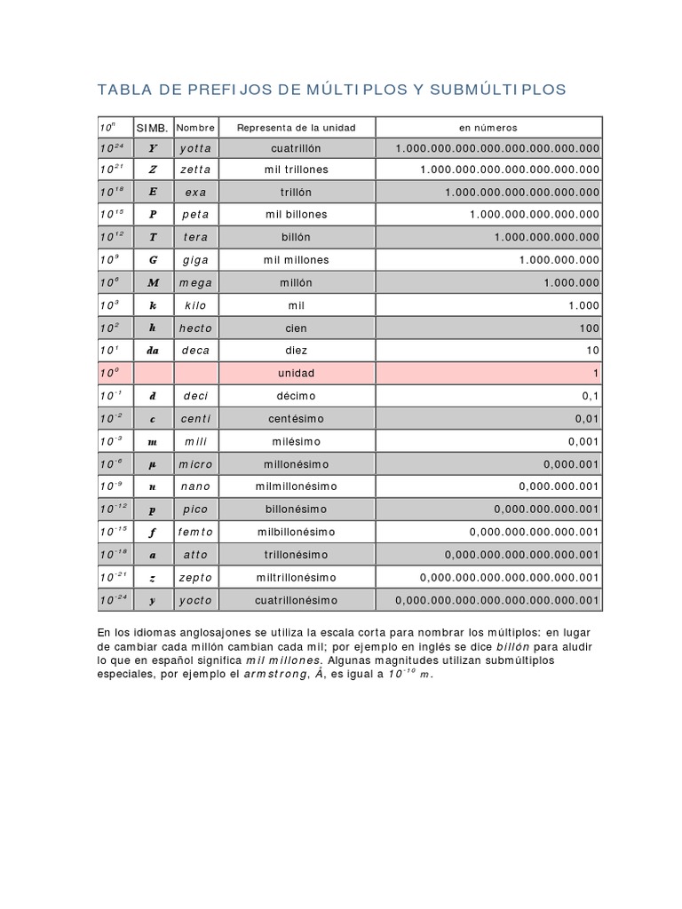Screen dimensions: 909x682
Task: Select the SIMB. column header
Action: [153, 128]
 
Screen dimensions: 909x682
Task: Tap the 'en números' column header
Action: [488, 128]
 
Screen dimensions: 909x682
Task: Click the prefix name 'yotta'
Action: [195, 148]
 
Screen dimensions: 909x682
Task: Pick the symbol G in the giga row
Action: [153, 260]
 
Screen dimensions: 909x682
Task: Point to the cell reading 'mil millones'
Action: [296, 260]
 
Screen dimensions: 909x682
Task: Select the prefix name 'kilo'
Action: [195, 305]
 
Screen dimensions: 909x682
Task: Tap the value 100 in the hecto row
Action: [590, 328]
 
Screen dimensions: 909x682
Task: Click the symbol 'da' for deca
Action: [153, 351]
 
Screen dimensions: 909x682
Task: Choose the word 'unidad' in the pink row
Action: [296, 374]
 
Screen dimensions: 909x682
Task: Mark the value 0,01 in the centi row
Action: [583, 419]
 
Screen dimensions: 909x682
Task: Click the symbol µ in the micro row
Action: [153, 464]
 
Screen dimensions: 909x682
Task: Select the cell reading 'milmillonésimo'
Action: [296, 486]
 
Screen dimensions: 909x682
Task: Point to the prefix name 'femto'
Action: [195, 532]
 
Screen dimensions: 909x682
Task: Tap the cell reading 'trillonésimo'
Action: [296, 555]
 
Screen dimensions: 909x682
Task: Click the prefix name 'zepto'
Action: [195, 577]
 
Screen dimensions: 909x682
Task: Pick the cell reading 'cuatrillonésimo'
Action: [296, 600]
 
